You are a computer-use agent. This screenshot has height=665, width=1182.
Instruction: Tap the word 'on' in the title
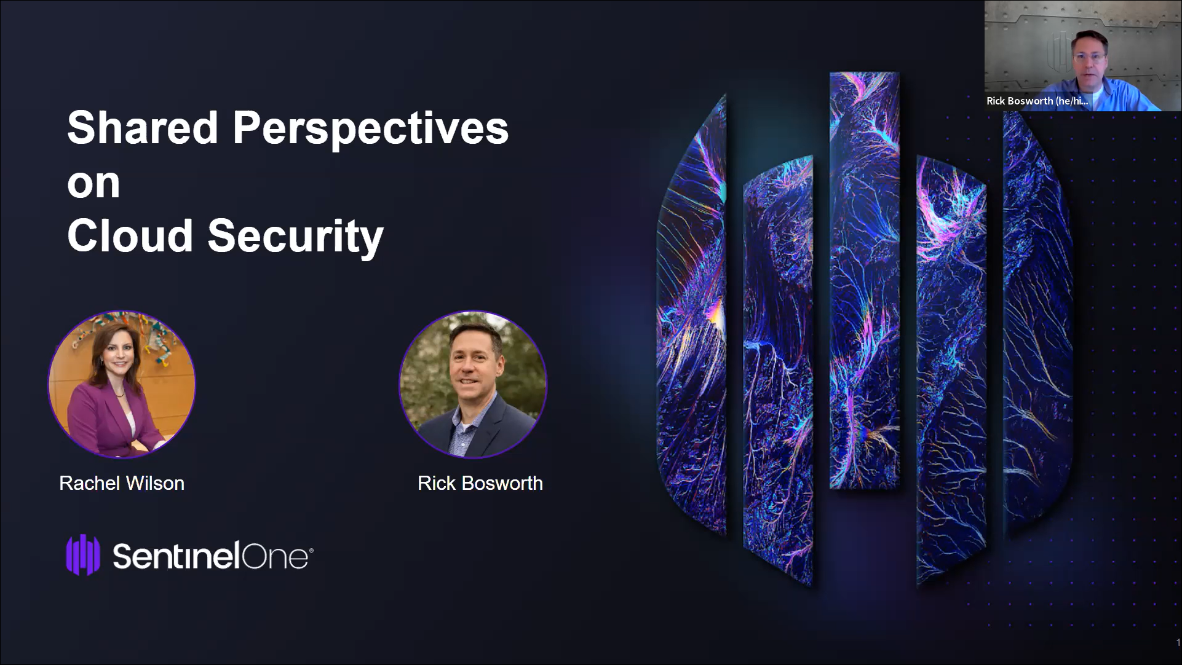pyautogui.click(x=93, y=183)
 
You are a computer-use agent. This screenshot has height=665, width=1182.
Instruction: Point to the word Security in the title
pyautogui.click(x=296, y=238)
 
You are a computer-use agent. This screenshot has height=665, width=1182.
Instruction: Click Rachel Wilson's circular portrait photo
pyautogui.click(x=122, y=384)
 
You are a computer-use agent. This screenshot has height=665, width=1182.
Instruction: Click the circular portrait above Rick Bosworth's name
pyautogui.click(x=473, y=384)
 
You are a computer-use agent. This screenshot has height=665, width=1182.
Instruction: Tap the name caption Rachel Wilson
pyautogui.click(x=122, y=483)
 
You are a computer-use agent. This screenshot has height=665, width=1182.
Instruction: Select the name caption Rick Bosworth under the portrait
pyautogui.click(x=480, y=483)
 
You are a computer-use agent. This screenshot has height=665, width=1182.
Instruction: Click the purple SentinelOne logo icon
pyautogui.click(x=83, y=555)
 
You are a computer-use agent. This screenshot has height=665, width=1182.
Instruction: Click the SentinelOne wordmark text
pyautogui.click(x=213, y=557)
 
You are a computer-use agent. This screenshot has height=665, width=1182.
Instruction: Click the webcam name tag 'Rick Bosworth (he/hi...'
pyautogui.click(x=1037, y=101)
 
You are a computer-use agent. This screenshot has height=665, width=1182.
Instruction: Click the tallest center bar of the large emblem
pyautogui.click(x=865, y=280)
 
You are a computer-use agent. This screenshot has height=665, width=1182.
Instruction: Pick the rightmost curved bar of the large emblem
pyautogui.click(x=1038, y=317)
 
